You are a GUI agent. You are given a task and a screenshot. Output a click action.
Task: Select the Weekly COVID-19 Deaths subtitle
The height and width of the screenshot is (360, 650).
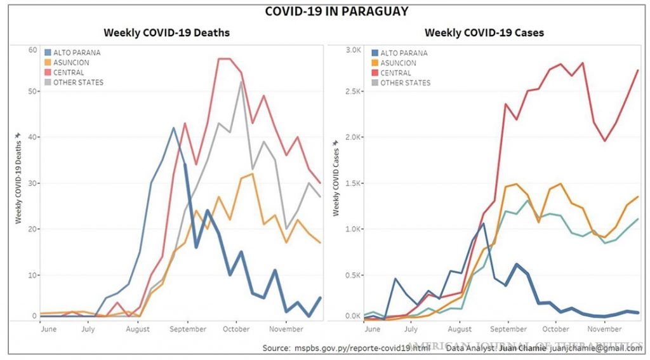[167, 32]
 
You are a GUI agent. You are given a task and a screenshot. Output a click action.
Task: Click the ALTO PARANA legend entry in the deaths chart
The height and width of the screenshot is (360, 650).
[77, 53]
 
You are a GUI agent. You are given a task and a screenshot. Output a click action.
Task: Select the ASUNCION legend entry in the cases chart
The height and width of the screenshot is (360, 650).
[398, 63]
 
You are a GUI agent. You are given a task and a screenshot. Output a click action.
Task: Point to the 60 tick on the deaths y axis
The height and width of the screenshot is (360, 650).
[32, 50]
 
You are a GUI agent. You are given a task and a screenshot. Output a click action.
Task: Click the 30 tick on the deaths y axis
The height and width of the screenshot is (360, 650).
[32, 183]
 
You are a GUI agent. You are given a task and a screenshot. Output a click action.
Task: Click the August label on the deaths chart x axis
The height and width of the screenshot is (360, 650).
[138, 329]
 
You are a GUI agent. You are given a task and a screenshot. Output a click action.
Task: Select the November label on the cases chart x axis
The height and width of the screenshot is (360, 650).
[604, 329]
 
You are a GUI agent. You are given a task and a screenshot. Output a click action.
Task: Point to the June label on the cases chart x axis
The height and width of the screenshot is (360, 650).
[373, 329]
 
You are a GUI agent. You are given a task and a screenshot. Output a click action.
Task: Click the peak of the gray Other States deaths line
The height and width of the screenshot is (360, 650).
[241, 81]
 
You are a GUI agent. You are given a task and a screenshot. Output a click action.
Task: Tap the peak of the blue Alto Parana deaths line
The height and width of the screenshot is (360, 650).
[173, 128]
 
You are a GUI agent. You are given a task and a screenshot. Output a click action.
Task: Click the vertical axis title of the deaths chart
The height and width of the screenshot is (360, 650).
[18, 178]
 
